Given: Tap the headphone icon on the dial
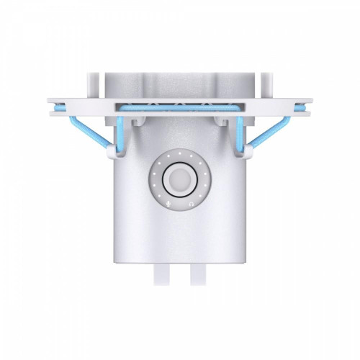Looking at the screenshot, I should [191, 203].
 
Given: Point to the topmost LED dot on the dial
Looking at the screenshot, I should [179, 154].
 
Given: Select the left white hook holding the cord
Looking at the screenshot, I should [111, 150].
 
